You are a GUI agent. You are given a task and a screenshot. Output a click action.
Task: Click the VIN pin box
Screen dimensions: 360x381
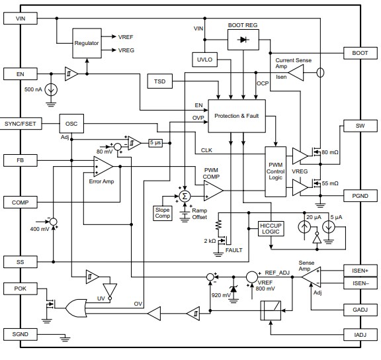pos(21,19)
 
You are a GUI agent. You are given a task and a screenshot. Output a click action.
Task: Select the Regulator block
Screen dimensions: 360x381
pos(87,43)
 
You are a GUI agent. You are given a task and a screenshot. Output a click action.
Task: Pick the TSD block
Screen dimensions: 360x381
pos(159,81)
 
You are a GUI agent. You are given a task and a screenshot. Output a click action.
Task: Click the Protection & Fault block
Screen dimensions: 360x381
pos(236,116)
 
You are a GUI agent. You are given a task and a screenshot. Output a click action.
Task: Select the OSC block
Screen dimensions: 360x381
pos(71,124)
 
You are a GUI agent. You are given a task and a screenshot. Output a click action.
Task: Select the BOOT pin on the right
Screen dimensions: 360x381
pos(360,52)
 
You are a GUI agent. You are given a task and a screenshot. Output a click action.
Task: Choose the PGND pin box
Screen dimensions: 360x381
pos(360,196)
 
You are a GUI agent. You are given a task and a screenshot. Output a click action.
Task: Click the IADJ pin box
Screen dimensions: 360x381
pos(360,334)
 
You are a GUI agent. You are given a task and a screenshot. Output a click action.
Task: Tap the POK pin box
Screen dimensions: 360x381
pos(21,289)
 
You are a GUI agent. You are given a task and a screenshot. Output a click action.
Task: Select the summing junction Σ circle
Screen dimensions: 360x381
pos(185,196)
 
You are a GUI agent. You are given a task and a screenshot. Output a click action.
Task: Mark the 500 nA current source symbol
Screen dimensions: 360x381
pos(51,90)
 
